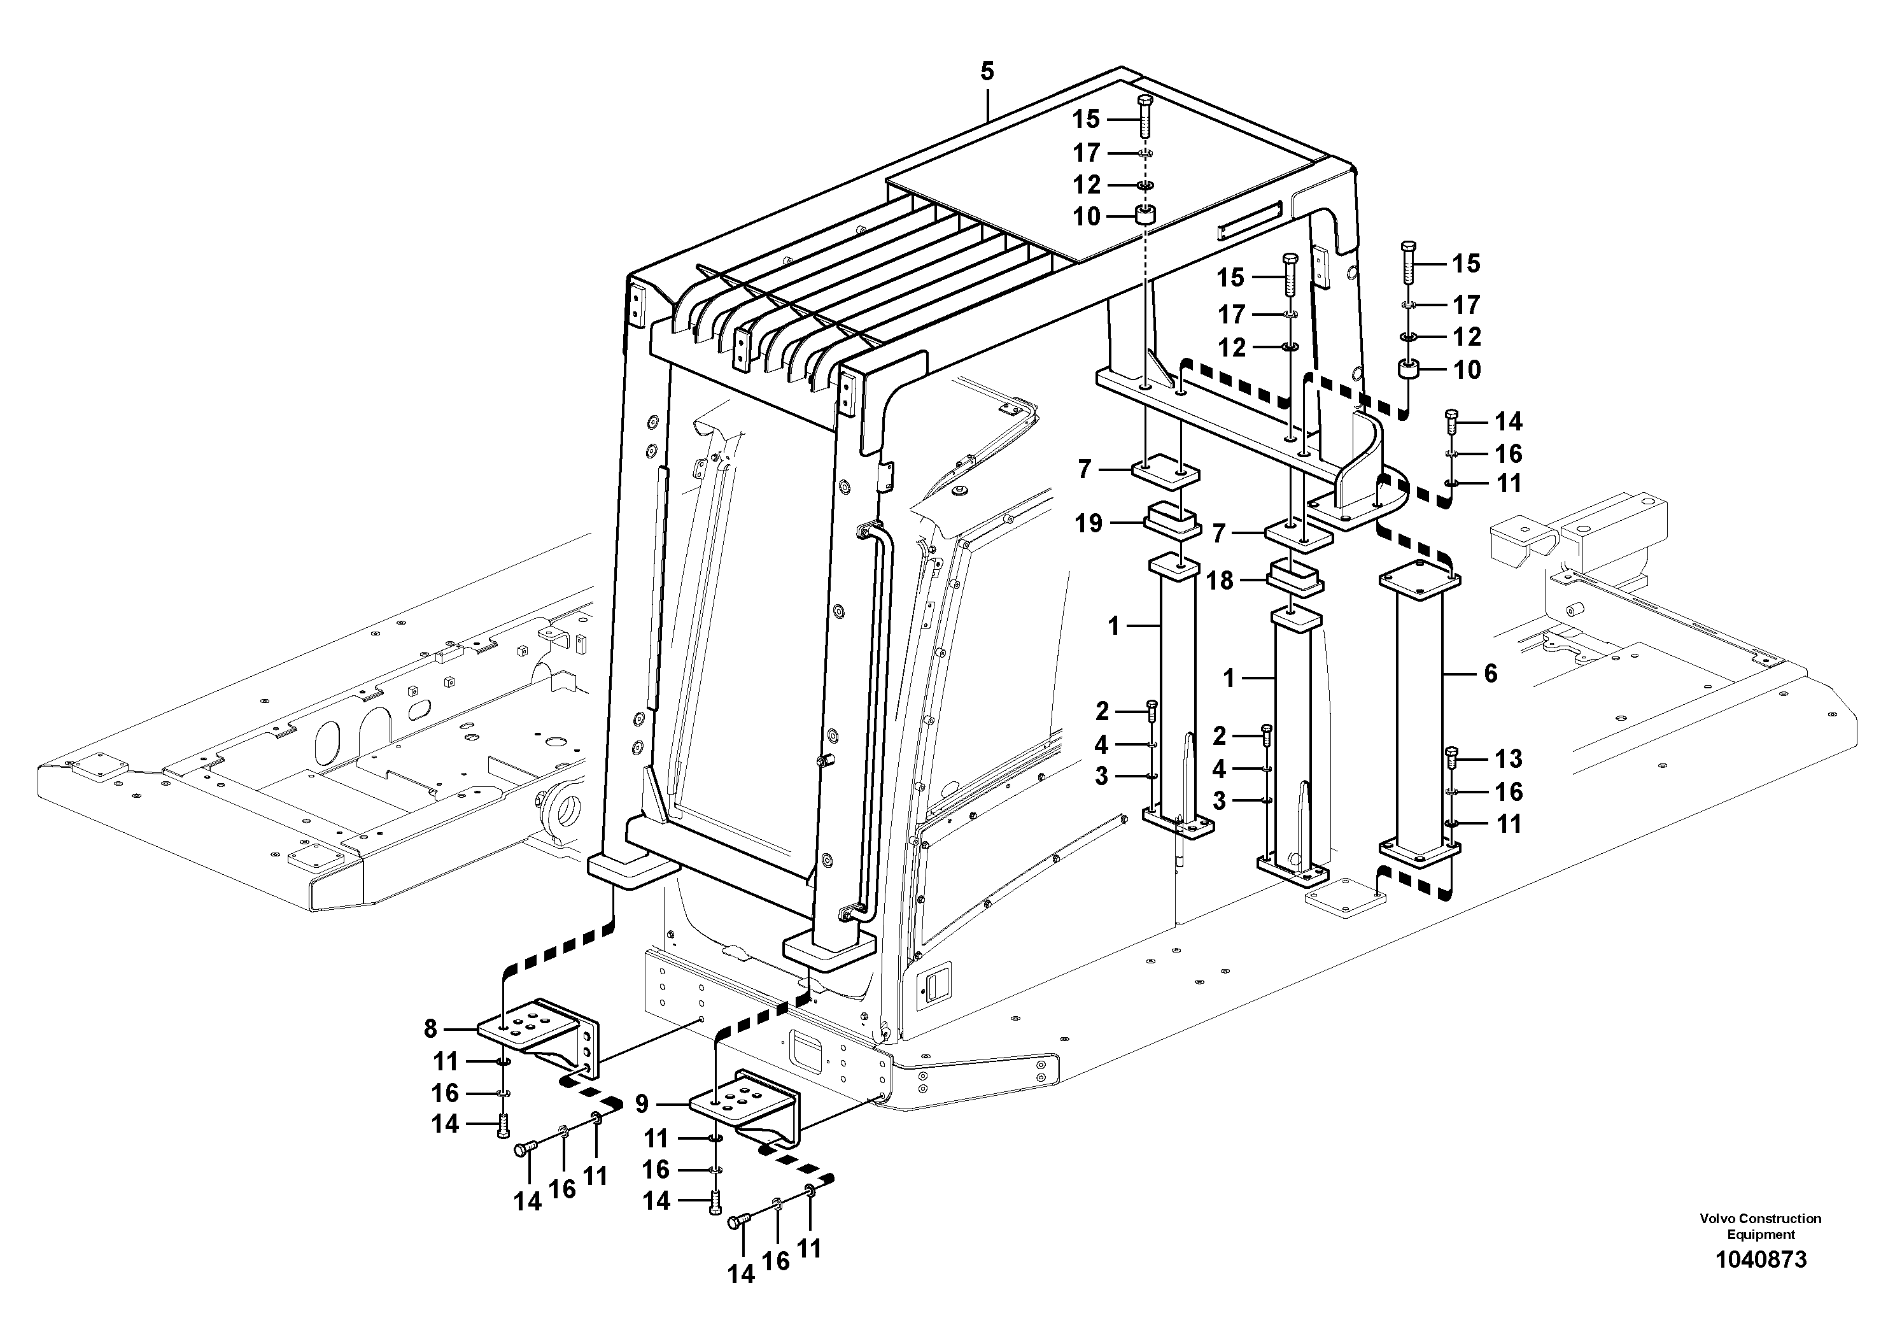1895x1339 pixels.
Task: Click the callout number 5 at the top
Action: [x=987, y=71]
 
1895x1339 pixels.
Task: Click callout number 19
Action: [x=1088, y=523]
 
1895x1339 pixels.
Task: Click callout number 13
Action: [x=1509, y=759]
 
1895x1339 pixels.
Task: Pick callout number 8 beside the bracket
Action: [x=430, y=1028]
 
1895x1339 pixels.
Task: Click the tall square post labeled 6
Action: [x=1419, y=718]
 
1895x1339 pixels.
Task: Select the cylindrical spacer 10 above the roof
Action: [x=1145, y=217]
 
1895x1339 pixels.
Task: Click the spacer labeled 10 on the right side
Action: [x=1408, y=369]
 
